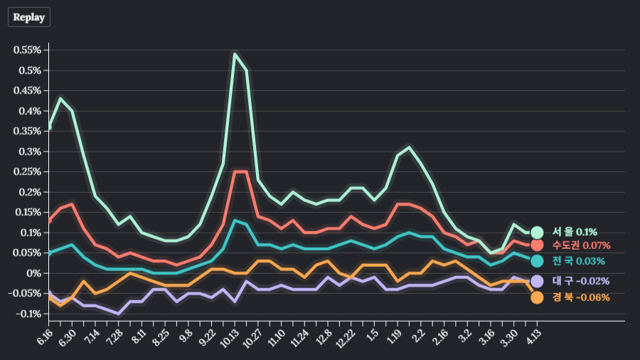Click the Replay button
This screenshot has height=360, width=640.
tap(29, 17)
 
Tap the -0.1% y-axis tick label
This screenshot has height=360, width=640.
tap(28, 314)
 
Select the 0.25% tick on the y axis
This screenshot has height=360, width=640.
tap(28, 171)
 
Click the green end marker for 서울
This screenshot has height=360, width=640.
tap(537, 232)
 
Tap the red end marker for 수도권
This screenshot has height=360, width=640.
tap(537, 245)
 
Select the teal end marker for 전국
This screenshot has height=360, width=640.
tap(537, 261)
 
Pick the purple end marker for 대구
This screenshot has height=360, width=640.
tap(537, 281)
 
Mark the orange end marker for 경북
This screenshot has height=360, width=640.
tap(537, 297)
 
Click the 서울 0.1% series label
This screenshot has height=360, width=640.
tap(575, 232)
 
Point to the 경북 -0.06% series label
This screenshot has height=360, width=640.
tap(580, 297)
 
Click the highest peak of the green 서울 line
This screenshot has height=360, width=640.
tap(235, 53)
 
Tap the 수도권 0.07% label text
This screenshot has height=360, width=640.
tap(581, 245)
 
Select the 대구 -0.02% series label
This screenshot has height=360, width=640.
tap(580, 281)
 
